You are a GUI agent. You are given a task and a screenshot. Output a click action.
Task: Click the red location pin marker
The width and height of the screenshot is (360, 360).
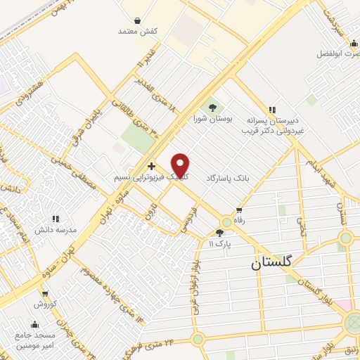(181, 166)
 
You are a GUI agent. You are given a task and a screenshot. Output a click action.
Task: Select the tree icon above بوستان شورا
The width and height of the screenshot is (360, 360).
(212, 108)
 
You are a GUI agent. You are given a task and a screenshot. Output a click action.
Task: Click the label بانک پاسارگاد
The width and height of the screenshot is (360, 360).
(229, 179)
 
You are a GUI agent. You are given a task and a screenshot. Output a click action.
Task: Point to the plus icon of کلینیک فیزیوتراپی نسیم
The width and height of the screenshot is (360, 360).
(152, 166)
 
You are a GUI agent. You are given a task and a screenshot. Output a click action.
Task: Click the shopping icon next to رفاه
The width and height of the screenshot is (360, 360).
(240, 210)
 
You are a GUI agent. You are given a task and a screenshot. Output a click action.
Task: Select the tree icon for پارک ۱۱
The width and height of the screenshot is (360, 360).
(219, 233)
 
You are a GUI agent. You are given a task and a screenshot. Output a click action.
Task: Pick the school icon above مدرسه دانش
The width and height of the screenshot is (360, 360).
(56, 219)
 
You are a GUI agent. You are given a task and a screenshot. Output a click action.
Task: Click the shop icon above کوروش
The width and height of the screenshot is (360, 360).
(45, 293)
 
